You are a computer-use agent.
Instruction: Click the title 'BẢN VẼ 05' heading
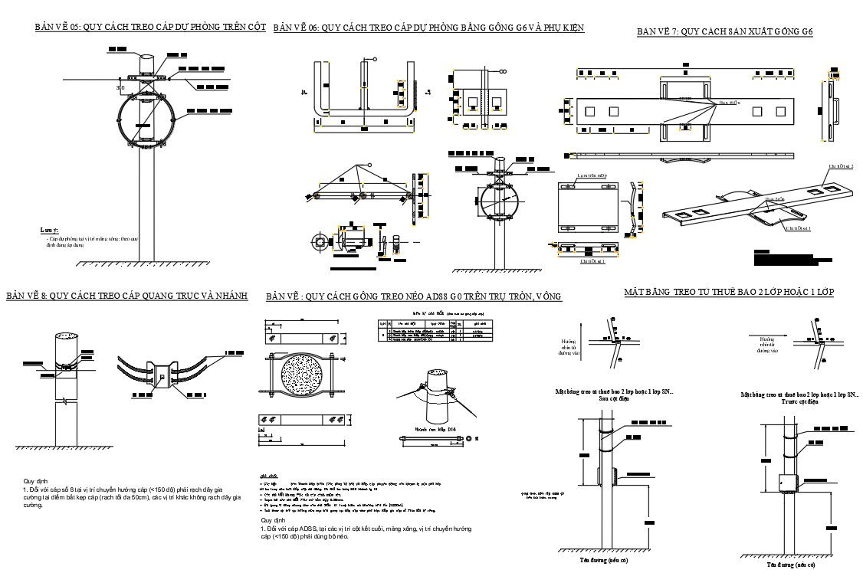pyautogui.click(x=150, y=27)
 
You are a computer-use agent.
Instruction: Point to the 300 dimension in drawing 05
pyautogui.click(x=120, y=88)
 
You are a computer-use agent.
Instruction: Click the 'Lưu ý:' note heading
pyautogui.click(x=49, y=229)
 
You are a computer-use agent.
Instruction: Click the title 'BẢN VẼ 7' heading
pyautogui.click(x=724, y=31)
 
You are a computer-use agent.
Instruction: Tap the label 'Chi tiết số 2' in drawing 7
pyautogui.click(x=840, y=165)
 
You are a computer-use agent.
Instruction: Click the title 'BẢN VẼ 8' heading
pyautogui.click(x=126, y=296)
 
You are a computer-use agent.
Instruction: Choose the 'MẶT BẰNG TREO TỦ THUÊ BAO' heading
pyautogui.click(x=728, y=292)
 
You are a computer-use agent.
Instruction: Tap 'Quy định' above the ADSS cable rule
pyautogui.click(x=273, y=520)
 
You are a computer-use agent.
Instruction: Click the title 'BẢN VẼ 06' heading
pyautogui.click(x=428, y=28)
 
